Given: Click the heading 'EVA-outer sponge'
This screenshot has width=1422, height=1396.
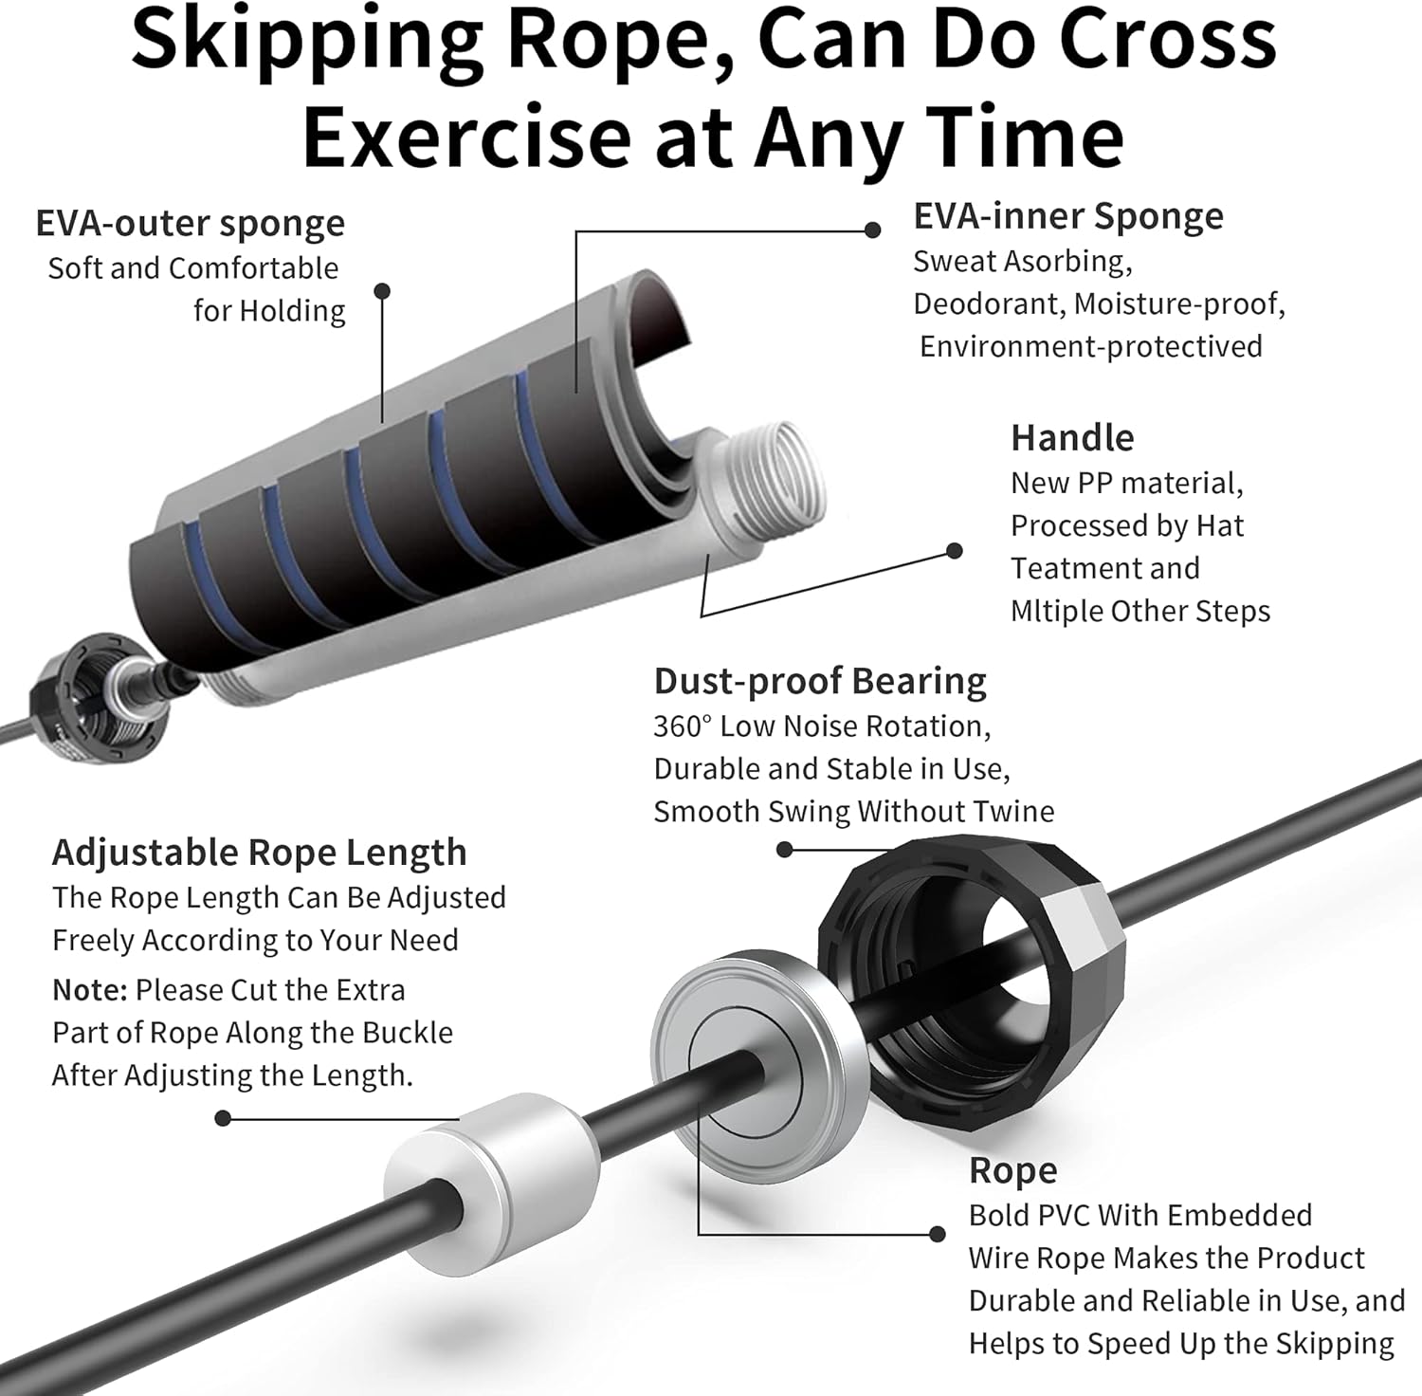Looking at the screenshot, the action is tap(190, 224).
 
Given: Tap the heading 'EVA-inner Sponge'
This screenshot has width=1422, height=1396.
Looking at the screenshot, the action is tap(1067, 216).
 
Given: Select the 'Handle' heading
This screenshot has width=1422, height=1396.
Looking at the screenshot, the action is tap(1071, 437).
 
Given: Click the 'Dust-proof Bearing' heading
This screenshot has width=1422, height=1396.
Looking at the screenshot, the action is tap(819, 681).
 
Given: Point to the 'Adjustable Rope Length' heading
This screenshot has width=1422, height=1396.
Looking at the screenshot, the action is tap(259, 852).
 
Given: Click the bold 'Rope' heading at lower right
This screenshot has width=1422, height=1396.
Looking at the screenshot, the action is tap(1012, 1170).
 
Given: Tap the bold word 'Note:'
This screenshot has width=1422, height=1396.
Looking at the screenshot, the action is tap(89, 989).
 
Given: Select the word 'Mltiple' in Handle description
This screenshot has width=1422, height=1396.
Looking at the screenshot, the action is tap(1056, 611).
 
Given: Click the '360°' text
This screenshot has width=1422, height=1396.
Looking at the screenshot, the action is tap(682, 726).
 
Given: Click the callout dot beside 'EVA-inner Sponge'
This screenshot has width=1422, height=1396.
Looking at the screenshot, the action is tap(872, 230).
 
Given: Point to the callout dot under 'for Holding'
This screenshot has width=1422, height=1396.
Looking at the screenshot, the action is tap(382, 291).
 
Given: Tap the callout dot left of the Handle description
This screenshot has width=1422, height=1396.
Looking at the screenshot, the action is tap(955, 550).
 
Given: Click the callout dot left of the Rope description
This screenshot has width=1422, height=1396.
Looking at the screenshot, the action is tap(937, 1234).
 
